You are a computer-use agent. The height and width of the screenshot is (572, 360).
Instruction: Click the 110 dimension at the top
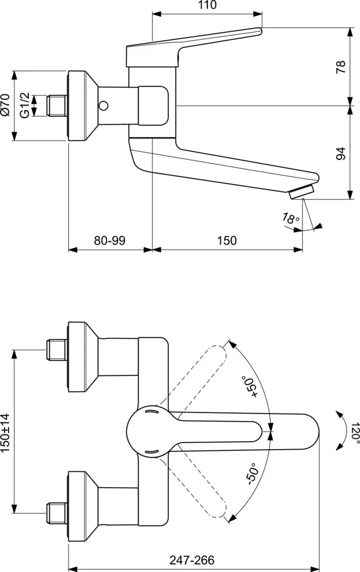point(207,6)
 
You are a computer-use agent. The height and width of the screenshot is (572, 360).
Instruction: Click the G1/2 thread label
point(24,105)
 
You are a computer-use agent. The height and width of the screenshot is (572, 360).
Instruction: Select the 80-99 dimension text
point(110,241)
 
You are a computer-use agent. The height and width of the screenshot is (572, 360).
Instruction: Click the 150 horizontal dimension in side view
point(226,241)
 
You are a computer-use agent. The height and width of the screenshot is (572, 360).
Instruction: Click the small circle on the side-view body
point(105,105)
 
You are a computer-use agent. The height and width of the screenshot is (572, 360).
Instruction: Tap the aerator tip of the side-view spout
point(301,192)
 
